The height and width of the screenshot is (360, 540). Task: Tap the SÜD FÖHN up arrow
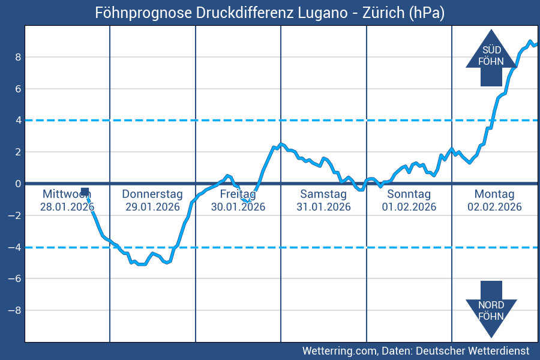[x=491, y=58]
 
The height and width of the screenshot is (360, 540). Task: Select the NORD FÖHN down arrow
[x=491, y=308]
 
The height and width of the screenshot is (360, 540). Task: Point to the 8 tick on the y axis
[x=19, y=57]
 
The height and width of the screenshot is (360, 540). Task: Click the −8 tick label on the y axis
[x=16, y=310]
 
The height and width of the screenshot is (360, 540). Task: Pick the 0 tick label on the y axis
[x=19, y=184]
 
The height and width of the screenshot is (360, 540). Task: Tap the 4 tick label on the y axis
[x=19, y=120]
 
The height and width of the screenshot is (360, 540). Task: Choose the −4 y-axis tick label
[x=16, y=247]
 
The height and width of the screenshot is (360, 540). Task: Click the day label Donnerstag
[x=152, y=194]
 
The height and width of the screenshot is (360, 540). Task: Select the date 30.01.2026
[x=238, y=207]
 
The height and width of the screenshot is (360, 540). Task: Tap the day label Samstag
[x=323, y=194]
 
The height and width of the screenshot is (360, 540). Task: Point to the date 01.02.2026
[x=409, y=207]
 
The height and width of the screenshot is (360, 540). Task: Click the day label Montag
[x=494, y=194]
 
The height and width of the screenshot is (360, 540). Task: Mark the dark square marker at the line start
[x=85, y=191]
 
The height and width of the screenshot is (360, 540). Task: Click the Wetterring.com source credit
[x=415, y=350]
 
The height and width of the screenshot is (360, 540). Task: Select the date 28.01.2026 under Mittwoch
[x=67, y=207]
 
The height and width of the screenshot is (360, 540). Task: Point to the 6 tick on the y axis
[x=19, y=89]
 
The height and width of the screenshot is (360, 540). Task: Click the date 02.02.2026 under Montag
[x=494, y=207]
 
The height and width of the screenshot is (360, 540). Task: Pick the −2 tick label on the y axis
[x=16, y=215]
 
